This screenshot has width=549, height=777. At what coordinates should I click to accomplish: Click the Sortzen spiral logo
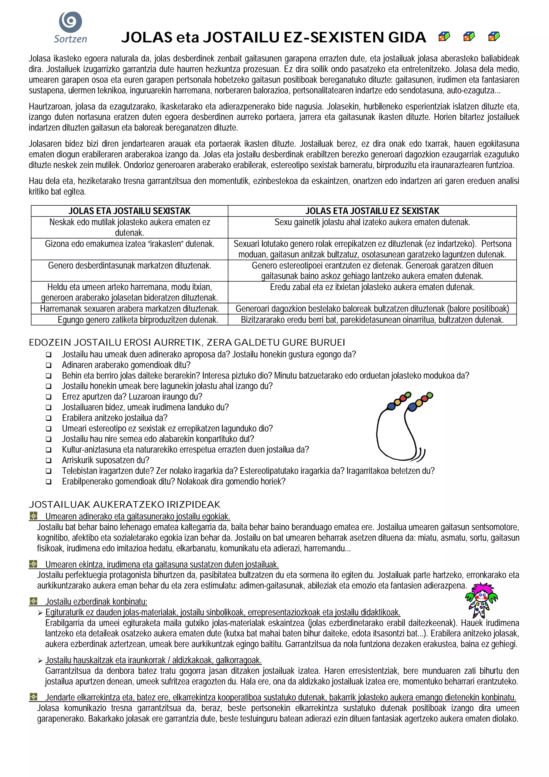tap(70, 22)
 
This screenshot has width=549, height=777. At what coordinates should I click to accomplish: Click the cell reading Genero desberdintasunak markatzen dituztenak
tap(129, 266)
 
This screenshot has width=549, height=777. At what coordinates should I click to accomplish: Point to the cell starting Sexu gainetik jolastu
tap(372, 222)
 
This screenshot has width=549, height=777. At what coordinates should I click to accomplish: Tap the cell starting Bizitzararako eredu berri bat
tap(372, 320)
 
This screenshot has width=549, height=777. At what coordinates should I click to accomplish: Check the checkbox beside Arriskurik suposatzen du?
tap(49, 461)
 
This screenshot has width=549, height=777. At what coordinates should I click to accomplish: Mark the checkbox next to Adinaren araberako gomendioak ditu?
tap(49, 365)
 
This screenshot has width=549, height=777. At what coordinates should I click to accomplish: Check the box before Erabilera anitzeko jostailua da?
tap(49, 418)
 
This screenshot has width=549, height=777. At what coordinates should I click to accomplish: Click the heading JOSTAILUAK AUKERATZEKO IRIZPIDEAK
tap(124, 505)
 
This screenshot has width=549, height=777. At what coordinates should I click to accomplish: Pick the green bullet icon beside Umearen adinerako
tap(33, 516)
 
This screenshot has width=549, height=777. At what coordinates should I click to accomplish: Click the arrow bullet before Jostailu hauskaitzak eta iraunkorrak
tap(40, 661)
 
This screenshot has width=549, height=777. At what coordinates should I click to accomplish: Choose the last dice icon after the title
tap(494, 36)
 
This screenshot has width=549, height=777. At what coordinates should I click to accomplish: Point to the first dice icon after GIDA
tap(444, 36)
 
